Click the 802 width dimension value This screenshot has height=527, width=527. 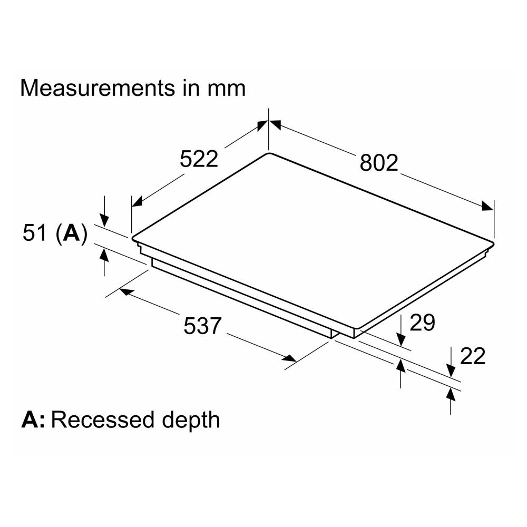(379, 163)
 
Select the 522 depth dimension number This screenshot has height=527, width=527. (199, 159)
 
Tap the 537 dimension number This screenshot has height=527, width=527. (202, 325)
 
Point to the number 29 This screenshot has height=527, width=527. (422, 323)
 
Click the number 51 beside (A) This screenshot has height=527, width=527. (34, 232)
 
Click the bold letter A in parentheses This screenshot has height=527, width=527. (72, 232)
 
